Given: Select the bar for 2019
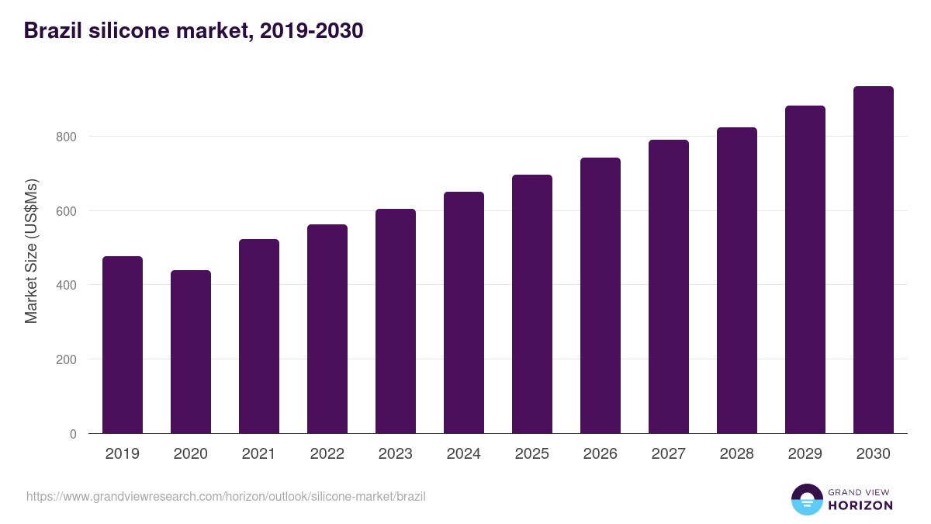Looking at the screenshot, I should point(123,345).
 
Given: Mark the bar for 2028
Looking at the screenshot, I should point(737,280).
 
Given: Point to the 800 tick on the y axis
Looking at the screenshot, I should point(67,137).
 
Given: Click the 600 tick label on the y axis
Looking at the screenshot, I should point(67,211).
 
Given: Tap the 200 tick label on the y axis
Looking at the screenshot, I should point(67,359).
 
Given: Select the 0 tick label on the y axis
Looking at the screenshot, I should point(73,434).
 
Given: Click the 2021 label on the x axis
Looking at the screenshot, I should point(259,454).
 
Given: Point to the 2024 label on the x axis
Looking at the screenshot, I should point(464,454).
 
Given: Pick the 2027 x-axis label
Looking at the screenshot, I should point(669,454).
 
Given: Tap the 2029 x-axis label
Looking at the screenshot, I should point(805,454).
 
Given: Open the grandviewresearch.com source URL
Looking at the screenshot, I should point(226,496).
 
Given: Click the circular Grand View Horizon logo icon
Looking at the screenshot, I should point(807,499).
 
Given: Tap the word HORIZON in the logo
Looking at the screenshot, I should point(860,505).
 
